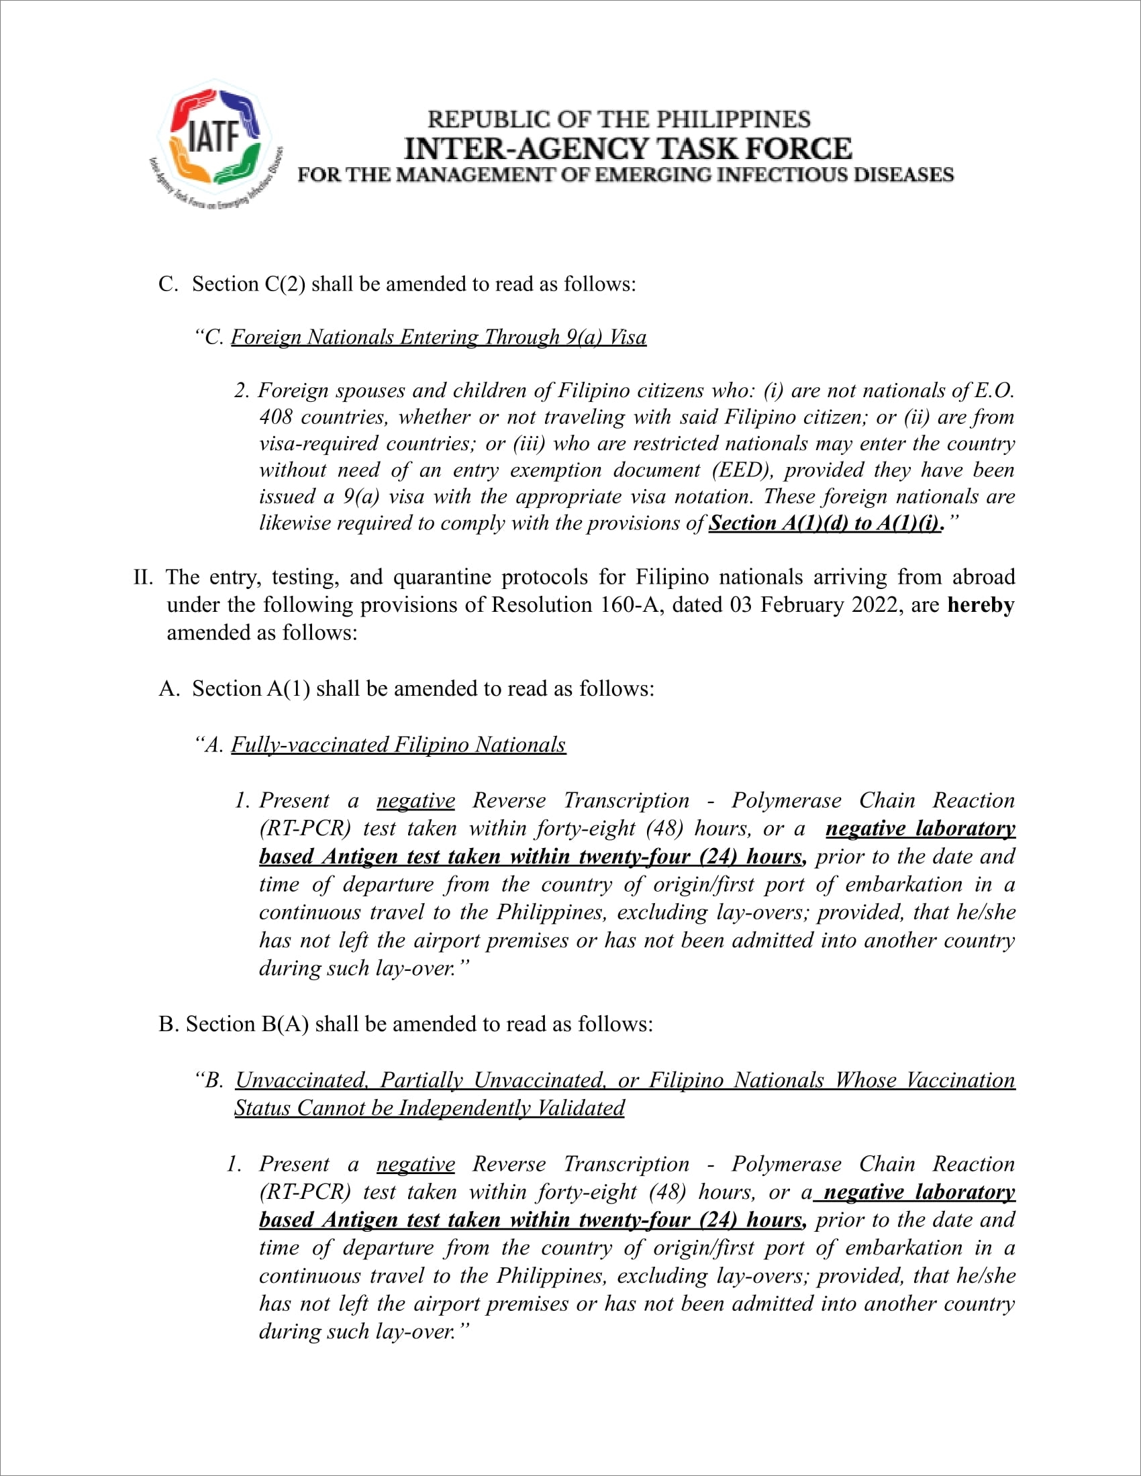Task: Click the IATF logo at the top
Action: [x=215, y=141]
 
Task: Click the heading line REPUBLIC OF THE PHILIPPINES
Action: [x=619, y=119]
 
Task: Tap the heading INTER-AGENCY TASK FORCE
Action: [x=628, y=149]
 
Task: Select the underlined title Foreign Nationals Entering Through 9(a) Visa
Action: [x=439, y=337]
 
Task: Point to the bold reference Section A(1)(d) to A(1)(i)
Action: [x=825, y=523]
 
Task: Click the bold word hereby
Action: [x=980, y=604]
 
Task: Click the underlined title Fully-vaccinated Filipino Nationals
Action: [x=398, y=744]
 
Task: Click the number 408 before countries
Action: [x=275, y=417]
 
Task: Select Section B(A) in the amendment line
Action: [x=247, y=1024]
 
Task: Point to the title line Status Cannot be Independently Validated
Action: [x=430, y=1108]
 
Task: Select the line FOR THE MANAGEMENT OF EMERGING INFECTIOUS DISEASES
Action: [x=626, y=175]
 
